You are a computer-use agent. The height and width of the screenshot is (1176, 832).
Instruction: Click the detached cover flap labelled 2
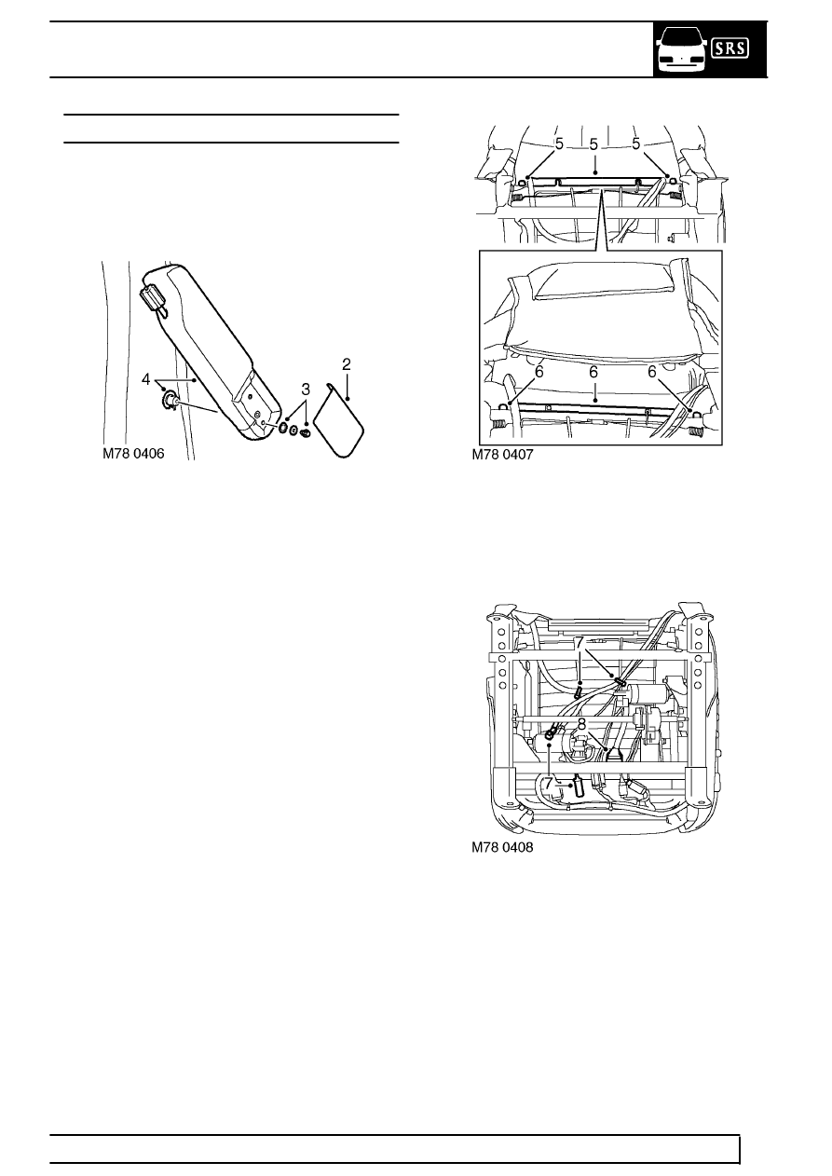(337, 419)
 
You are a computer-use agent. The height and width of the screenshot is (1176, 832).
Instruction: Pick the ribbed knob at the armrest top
(150, 299)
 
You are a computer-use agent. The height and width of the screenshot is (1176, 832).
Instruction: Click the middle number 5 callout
(593, 144)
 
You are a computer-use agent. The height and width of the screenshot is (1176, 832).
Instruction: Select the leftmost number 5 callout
(559, 144)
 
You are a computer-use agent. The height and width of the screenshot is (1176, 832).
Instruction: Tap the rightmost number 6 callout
(652, 371)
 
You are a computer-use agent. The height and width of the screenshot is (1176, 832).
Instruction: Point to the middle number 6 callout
(593, 371)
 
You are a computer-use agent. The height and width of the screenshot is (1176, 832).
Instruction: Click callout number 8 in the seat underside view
(581, 723)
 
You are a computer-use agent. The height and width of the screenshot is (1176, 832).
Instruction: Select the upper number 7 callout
(579, 643)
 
